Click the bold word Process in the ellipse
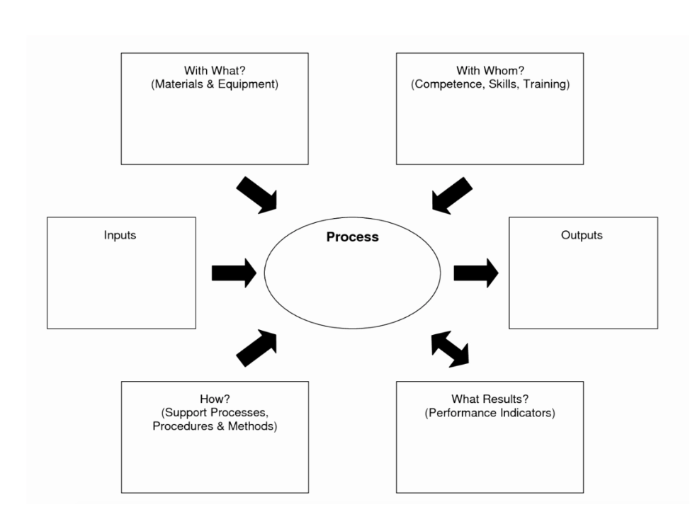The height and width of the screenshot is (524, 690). (x=352, y=237)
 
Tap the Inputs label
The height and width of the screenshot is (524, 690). (x=120, y=235)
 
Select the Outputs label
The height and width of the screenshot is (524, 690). (x=582, y=235)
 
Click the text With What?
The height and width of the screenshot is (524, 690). (x=215, y=70)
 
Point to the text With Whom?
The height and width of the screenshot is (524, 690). (x=490, y=70)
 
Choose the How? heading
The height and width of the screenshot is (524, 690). (x=214, y=399)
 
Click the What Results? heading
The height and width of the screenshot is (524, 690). (x=490, y=399)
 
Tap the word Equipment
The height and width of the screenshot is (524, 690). (x=250, y=84)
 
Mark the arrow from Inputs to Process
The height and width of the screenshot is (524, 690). (x=234, y=273)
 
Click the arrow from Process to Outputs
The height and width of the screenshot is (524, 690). (x=475, y=273)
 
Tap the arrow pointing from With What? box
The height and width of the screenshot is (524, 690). (x=257, y=195)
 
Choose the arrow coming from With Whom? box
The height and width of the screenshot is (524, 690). (x=451, y=195)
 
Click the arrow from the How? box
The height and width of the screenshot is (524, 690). (x=256, y=348)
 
